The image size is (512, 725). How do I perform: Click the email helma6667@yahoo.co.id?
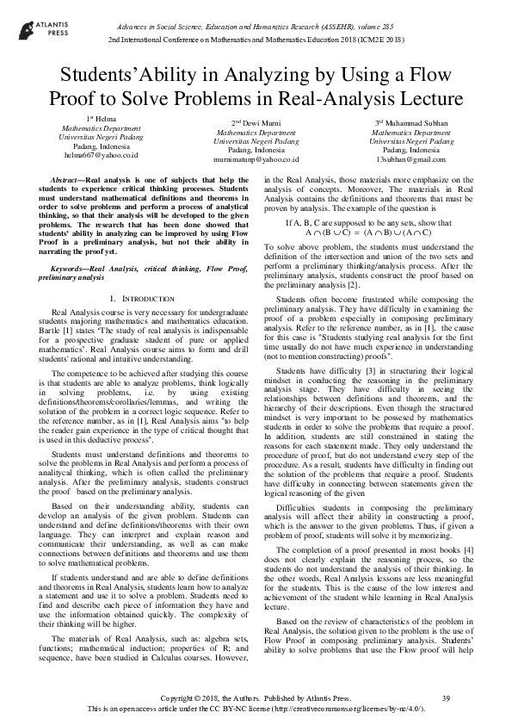click(101, 155)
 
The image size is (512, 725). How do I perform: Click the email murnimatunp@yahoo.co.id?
click(256, 159)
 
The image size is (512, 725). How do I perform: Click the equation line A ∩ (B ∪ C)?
click(369, 232)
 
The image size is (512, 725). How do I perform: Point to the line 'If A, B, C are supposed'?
click(369, 223)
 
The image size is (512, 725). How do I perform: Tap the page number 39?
click(445, 697)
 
